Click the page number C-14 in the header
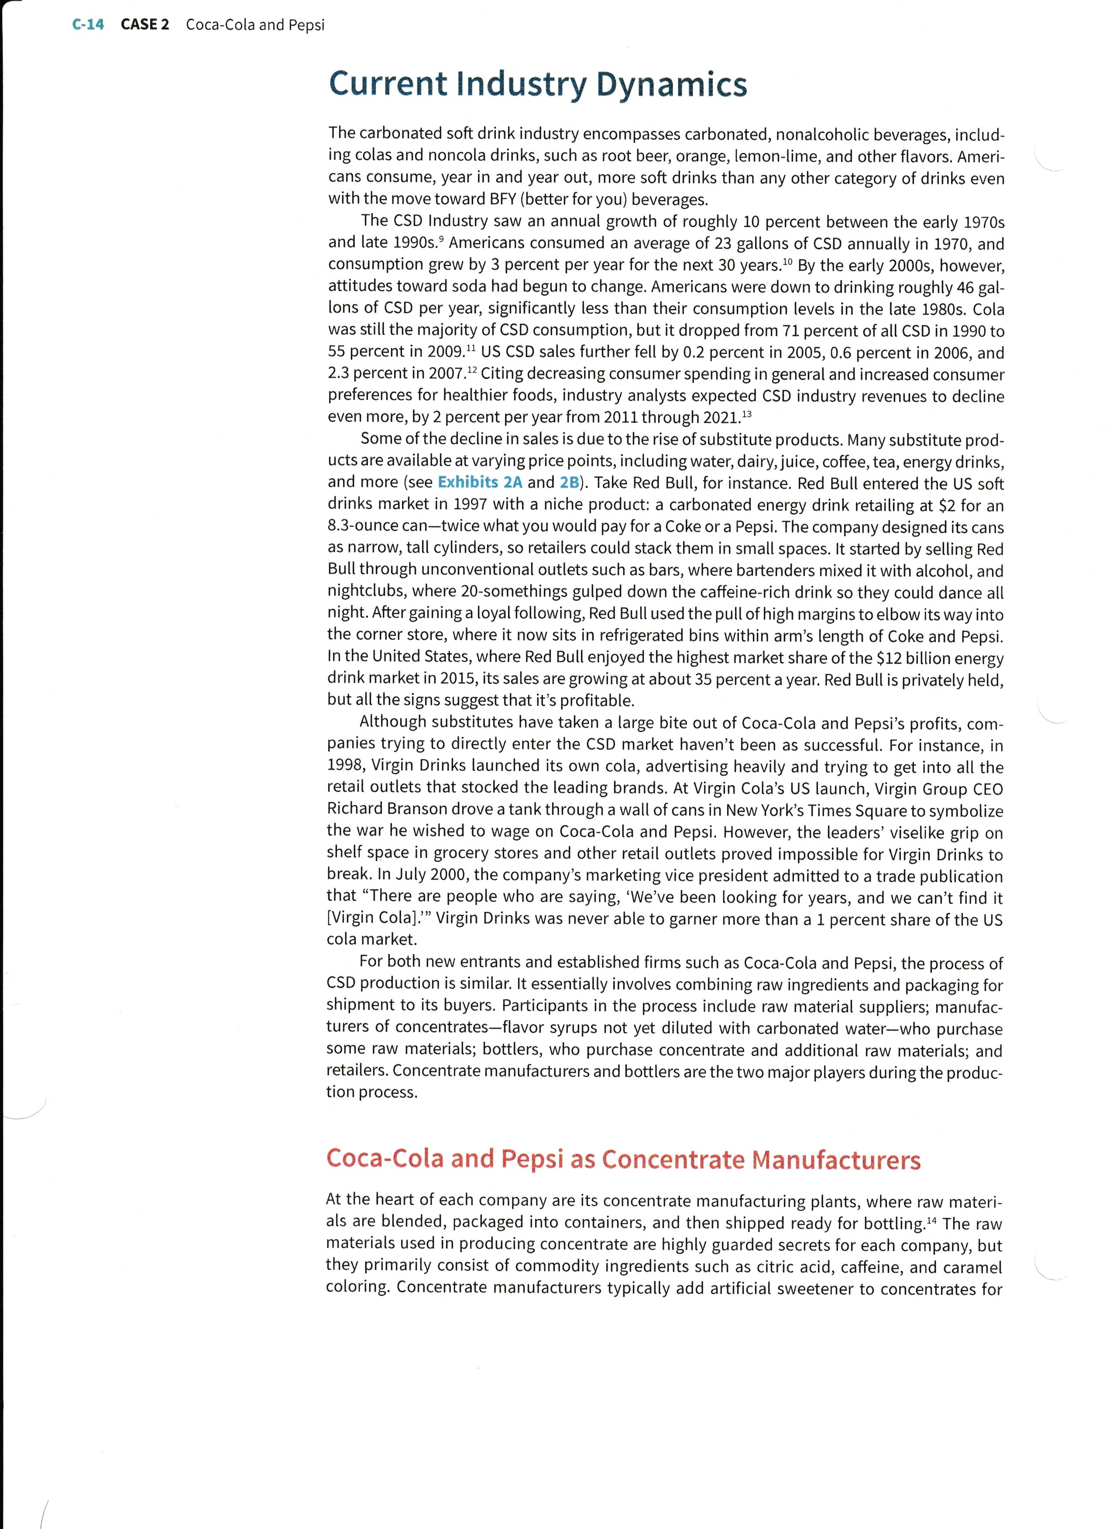click(x=88, y=25)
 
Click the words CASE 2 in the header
click(x=145, y=25)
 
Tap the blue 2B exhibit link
click(x=570, y=482)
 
